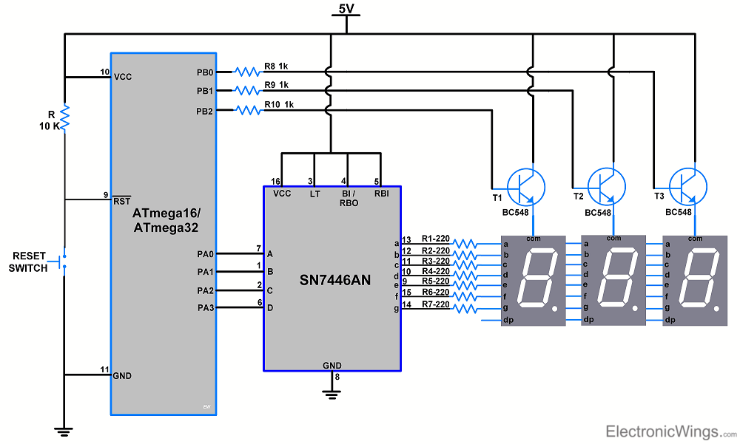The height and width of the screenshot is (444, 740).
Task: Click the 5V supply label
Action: pyautogui.click(x=346, y=9)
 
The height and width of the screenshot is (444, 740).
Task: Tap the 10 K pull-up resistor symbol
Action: pyautogui.click(x=64, y=117)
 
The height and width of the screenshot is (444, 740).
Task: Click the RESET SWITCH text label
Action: pyautogui.click(x=28, y=262)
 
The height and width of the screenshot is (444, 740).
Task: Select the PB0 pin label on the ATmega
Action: pyautogui.click(x=204, y=72)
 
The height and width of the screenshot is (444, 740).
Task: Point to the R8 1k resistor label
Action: pyautogui.click(x=276, y=66)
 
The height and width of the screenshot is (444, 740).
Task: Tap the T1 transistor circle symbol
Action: pyautogui.click(x=526, y=185)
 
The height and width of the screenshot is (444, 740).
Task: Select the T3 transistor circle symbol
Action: pyautogui.click(x=687, y=185)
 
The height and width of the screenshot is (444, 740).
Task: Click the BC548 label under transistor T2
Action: pyautogui.click(x=598, y=213)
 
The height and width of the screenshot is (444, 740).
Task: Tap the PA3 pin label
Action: pyautogui.click(x=205, y=307)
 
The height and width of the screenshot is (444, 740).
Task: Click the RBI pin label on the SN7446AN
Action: pyautogui.click(x=380, y=193)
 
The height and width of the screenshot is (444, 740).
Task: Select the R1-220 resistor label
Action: pyautogui.click(x=435, y=239)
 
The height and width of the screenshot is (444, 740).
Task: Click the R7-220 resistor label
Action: pyautogui.click(x=435, y=304)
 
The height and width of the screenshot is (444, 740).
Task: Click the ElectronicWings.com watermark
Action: pyautogui.click(x=670, y=431)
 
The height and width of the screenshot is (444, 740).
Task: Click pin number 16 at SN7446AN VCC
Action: pyautogui.click(x=275, y=181)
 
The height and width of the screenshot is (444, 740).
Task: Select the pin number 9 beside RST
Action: pyautogui.click(x=105, y=195)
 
